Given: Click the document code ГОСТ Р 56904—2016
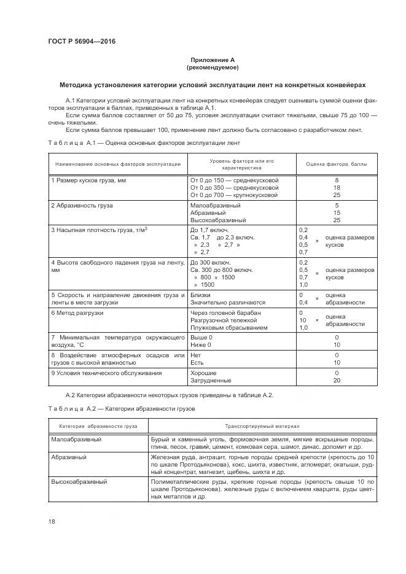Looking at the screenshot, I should point(81,42).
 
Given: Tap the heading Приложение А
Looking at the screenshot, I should point(212,60).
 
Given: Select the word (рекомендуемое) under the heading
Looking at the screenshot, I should point(212,67).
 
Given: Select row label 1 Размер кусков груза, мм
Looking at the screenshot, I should point(88,180).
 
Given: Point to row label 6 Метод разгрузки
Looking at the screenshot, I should point(77,313).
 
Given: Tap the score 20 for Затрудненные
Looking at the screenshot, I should point(337,381).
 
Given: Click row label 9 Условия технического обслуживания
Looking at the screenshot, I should point(107,373).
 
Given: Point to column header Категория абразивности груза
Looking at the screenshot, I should point(98,425).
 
